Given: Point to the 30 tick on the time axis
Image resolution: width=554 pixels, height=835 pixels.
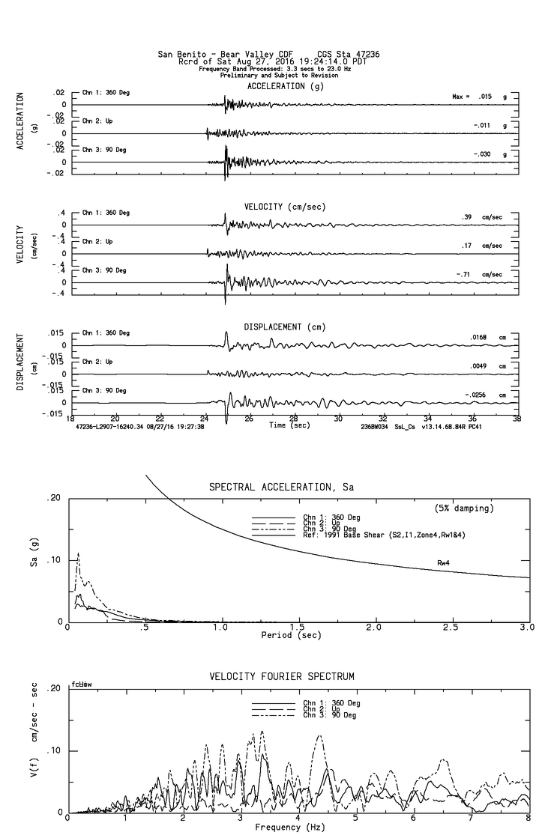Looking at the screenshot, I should pos(339,419).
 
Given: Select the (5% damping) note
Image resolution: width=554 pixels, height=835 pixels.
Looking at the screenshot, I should pos(463,508).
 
